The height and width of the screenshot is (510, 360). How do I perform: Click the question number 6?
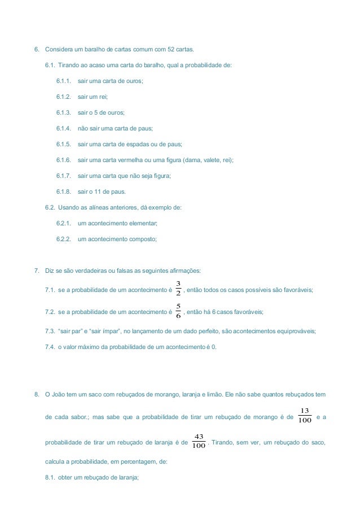click(x=37, y=49)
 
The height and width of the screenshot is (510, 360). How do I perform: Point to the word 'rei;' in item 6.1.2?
click(x=103, y=97)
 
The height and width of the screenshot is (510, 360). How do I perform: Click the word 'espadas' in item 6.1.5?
click(x=138, y=144)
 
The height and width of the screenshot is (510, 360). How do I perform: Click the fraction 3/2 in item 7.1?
click(x=178, y=287)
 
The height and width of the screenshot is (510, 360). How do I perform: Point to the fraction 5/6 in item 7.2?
click(x=178, y=311)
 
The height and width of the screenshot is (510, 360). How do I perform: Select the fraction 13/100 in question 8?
click(x=305, y=415)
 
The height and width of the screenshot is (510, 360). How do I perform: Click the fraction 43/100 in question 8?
click(x=199, y=441)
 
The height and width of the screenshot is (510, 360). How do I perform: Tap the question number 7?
click(x=37, y=271)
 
